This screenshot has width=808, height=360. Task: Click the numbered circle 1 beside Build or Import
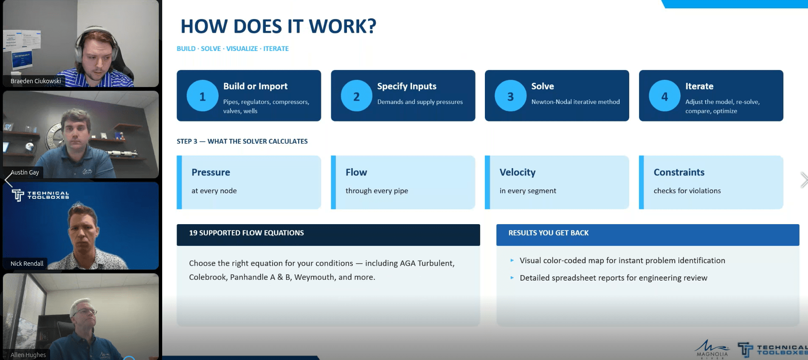[203, 96]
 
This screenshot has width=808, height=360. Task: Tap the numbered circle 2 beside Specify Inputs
[357, 96]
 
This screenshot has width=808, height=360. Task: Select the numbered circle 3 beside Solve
[510, 96]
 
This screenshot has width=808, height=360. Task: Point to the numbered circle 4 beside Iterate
[664, 96]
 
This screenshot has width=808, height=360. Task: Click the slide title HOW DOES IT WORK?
[279, 26]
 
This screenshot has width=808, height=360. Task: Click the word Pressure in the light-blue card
[211, 172]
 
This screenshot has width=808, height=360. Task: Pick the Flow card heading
[356, 172]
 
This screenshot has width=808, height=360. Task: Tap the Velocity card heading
[518, 172]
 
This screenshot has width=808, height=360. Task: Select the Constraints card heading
[679, 172]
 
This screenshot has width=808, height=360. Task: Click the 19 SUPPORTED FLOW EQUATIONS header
[246, 233]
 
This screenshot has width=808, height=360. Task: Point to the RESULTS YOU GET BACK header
[549, 233]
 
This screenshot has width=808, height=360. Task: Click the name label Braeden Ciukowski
[36, 81]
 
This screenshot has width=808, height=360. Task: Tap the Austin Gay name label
[25, 172]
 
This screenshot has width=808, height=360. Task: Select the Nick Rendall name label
[27, 264]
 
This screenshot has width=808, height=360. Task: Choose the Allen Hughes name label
[28, 355]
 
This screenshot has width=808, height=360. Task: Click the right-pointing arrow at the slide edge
[804, 180]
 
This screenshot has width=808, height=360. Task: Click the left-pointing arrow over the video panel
[8, 180]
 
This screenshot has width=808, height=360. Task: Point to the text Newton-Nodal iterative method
[575, 102]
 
